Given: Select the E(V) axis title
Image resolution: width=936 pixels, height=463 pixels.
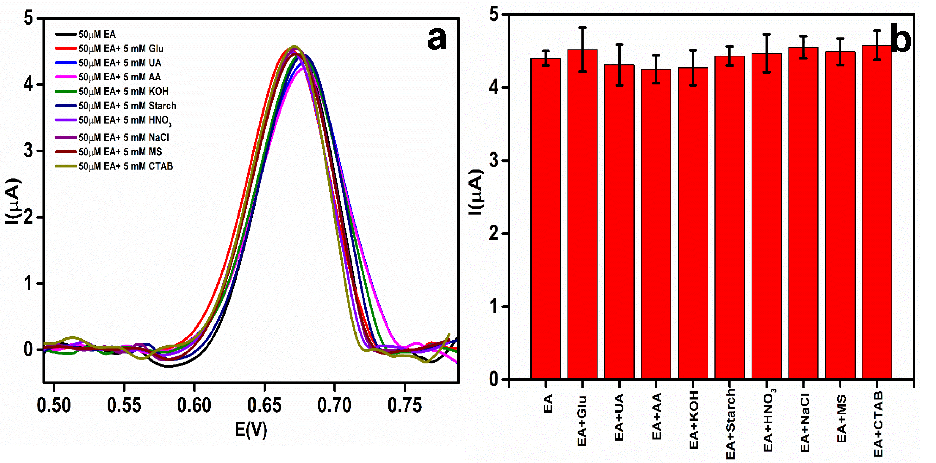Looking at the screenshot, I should (251, 429).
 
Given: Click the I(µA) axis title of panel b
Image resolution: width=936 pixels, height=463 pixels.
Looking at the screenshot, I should (476, 192).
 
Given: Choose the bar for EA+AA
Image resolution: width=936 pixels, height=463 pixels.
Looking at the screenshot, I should (656, 226).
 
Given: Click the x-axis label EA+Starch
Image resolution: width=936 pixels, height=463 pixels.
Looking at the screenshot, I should (730, 424).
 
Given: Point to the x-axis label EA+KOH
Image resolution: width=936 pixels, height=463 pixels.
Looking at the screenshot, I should (694, 420).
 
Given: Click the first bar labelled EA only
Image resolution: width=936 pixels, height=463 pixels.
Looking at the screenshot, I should (545, 218).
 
